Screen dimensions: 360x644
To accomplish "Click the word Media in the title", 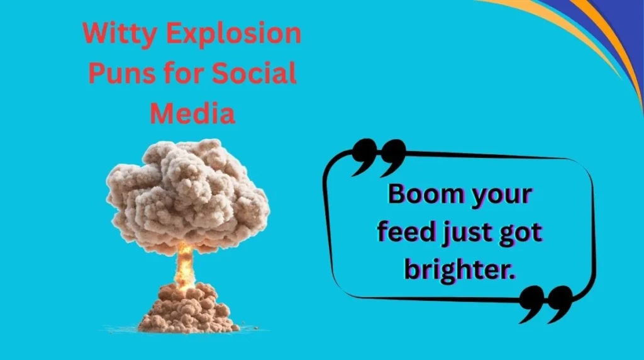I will pyautogui.click(x=193, y=113).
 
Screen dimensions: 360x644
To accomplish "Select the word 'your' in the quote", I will pyautogui.click(x=501, y=196).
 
